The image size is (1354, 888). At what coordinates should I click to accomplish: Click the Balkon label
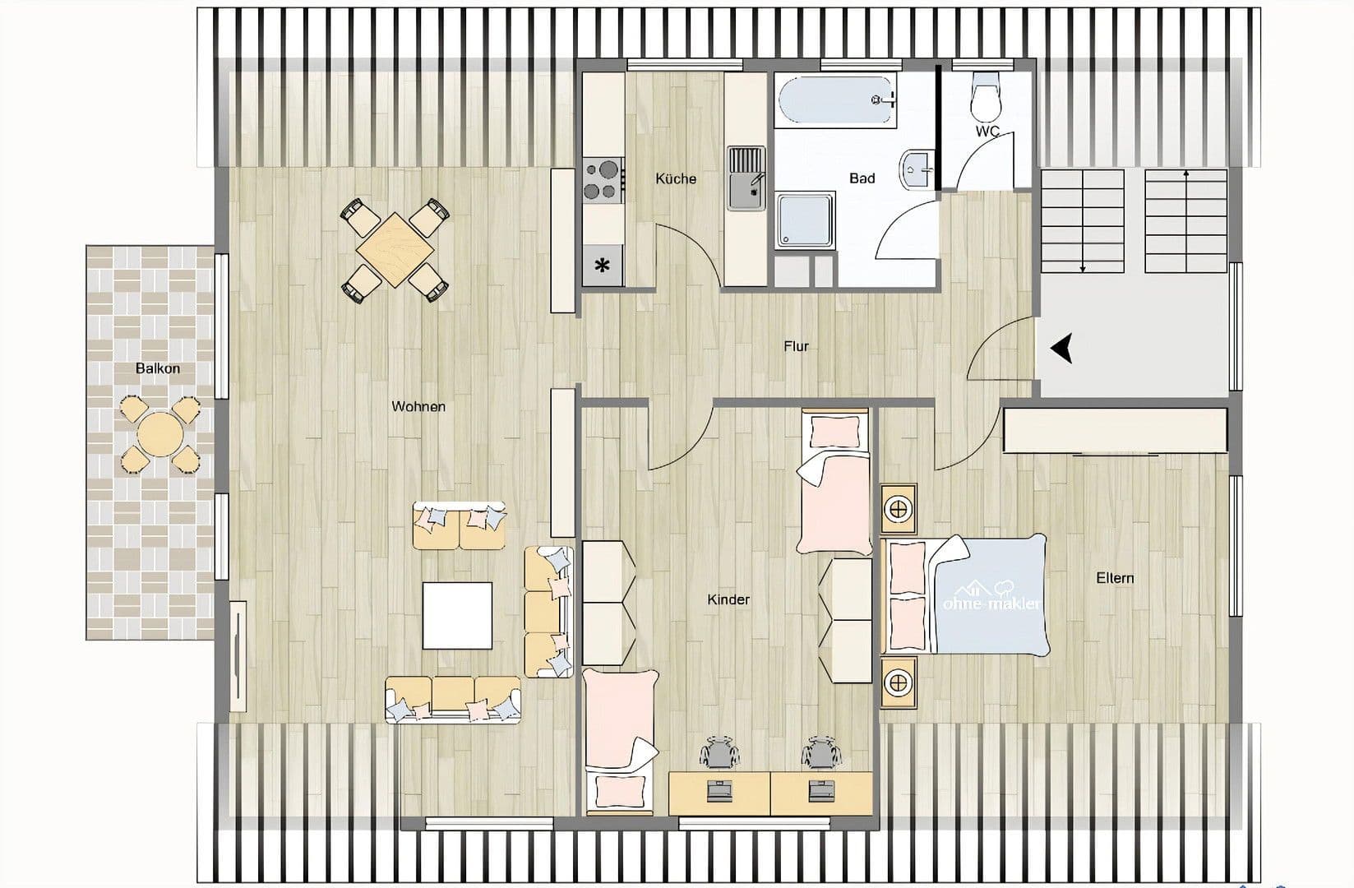pyautogui.click(x=157, y=368)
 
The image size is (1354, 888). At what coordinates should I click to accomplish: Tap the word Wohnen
pyautogui.click(x=418, y=406)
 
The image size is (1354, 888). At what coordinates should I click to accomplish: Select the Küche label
pyautogui.click(x=676, y=178)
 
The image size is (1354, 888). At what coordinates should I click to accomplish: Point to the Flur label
pyautogui.click(x=796, y=346)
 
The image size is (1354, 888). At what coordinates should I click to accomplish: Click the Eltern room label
pyautogui.click(x=1115, y=578)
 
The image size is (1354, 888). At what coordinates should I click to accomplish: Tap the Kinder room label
pyautogui.click(x=728, y=599)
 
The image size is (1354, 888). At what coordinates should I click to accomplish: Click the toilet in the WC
pyautogui.click(x=984, y=97)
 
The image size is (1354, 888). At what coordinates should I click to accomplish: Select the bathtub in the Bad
pyautogui.click(x=837, y=101)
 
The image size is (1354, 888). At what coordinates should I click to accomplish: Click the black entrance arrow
pyautogui.click(x=1062, y=349)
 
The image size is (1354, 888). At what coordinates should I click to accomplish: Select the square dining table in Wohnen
pyautogui.click(x=395, y=249)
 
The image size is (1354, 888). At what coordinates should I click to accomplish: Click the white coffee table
pyautogui.click(x=457, y=615)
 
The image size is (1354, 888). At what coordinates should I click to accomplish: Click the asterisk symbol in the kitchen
pyautogui.click(x=603, y=266)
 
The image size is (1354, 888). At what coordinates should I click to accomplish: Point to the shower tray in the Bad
pyautogui.click(x=806, y=220)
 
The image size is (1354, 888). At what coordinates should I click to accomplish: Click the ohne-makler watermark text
pyautogui.click(x=991, y=604)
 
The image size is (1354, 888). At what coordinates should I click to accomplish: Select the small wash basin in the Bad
pyautogui.click(x=915, y=169)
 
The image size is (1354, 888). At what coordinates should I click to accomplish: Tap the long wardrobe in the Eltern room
pyautogui.click(x=1115, y=430)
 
